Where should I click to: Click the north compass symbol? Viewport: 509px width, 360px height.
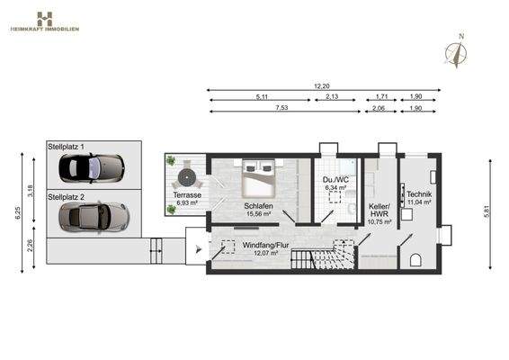(x=460, y=51)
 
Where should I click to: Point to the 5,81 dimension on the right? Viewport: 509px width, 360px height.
(x=487, y=212)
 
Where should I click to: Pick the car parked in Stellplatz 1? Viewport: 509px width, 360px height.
(x=90, y=167)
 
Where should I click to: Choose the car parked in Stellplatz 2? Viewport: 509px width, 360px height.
(x=92, y=216)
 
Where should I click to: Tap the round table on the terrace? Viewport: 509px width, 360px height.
(x=188, y=173)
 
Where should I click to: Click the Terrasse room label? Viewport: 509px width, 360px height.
(x=188, y=199)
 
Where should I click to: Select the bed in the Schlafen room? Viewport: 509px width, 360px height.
(x=260, y=176)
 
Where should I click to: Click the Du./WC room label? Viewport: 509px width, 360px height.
(x=337, y=184)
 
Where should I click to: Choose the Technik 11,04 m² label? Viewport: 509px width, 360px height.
(x=419, y=199)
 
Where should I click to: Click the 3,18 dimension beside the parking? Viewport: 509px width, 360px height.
(x=30, y=191)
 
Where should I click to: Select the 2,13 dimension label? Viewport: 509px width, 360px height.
(x=332, y=96)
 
